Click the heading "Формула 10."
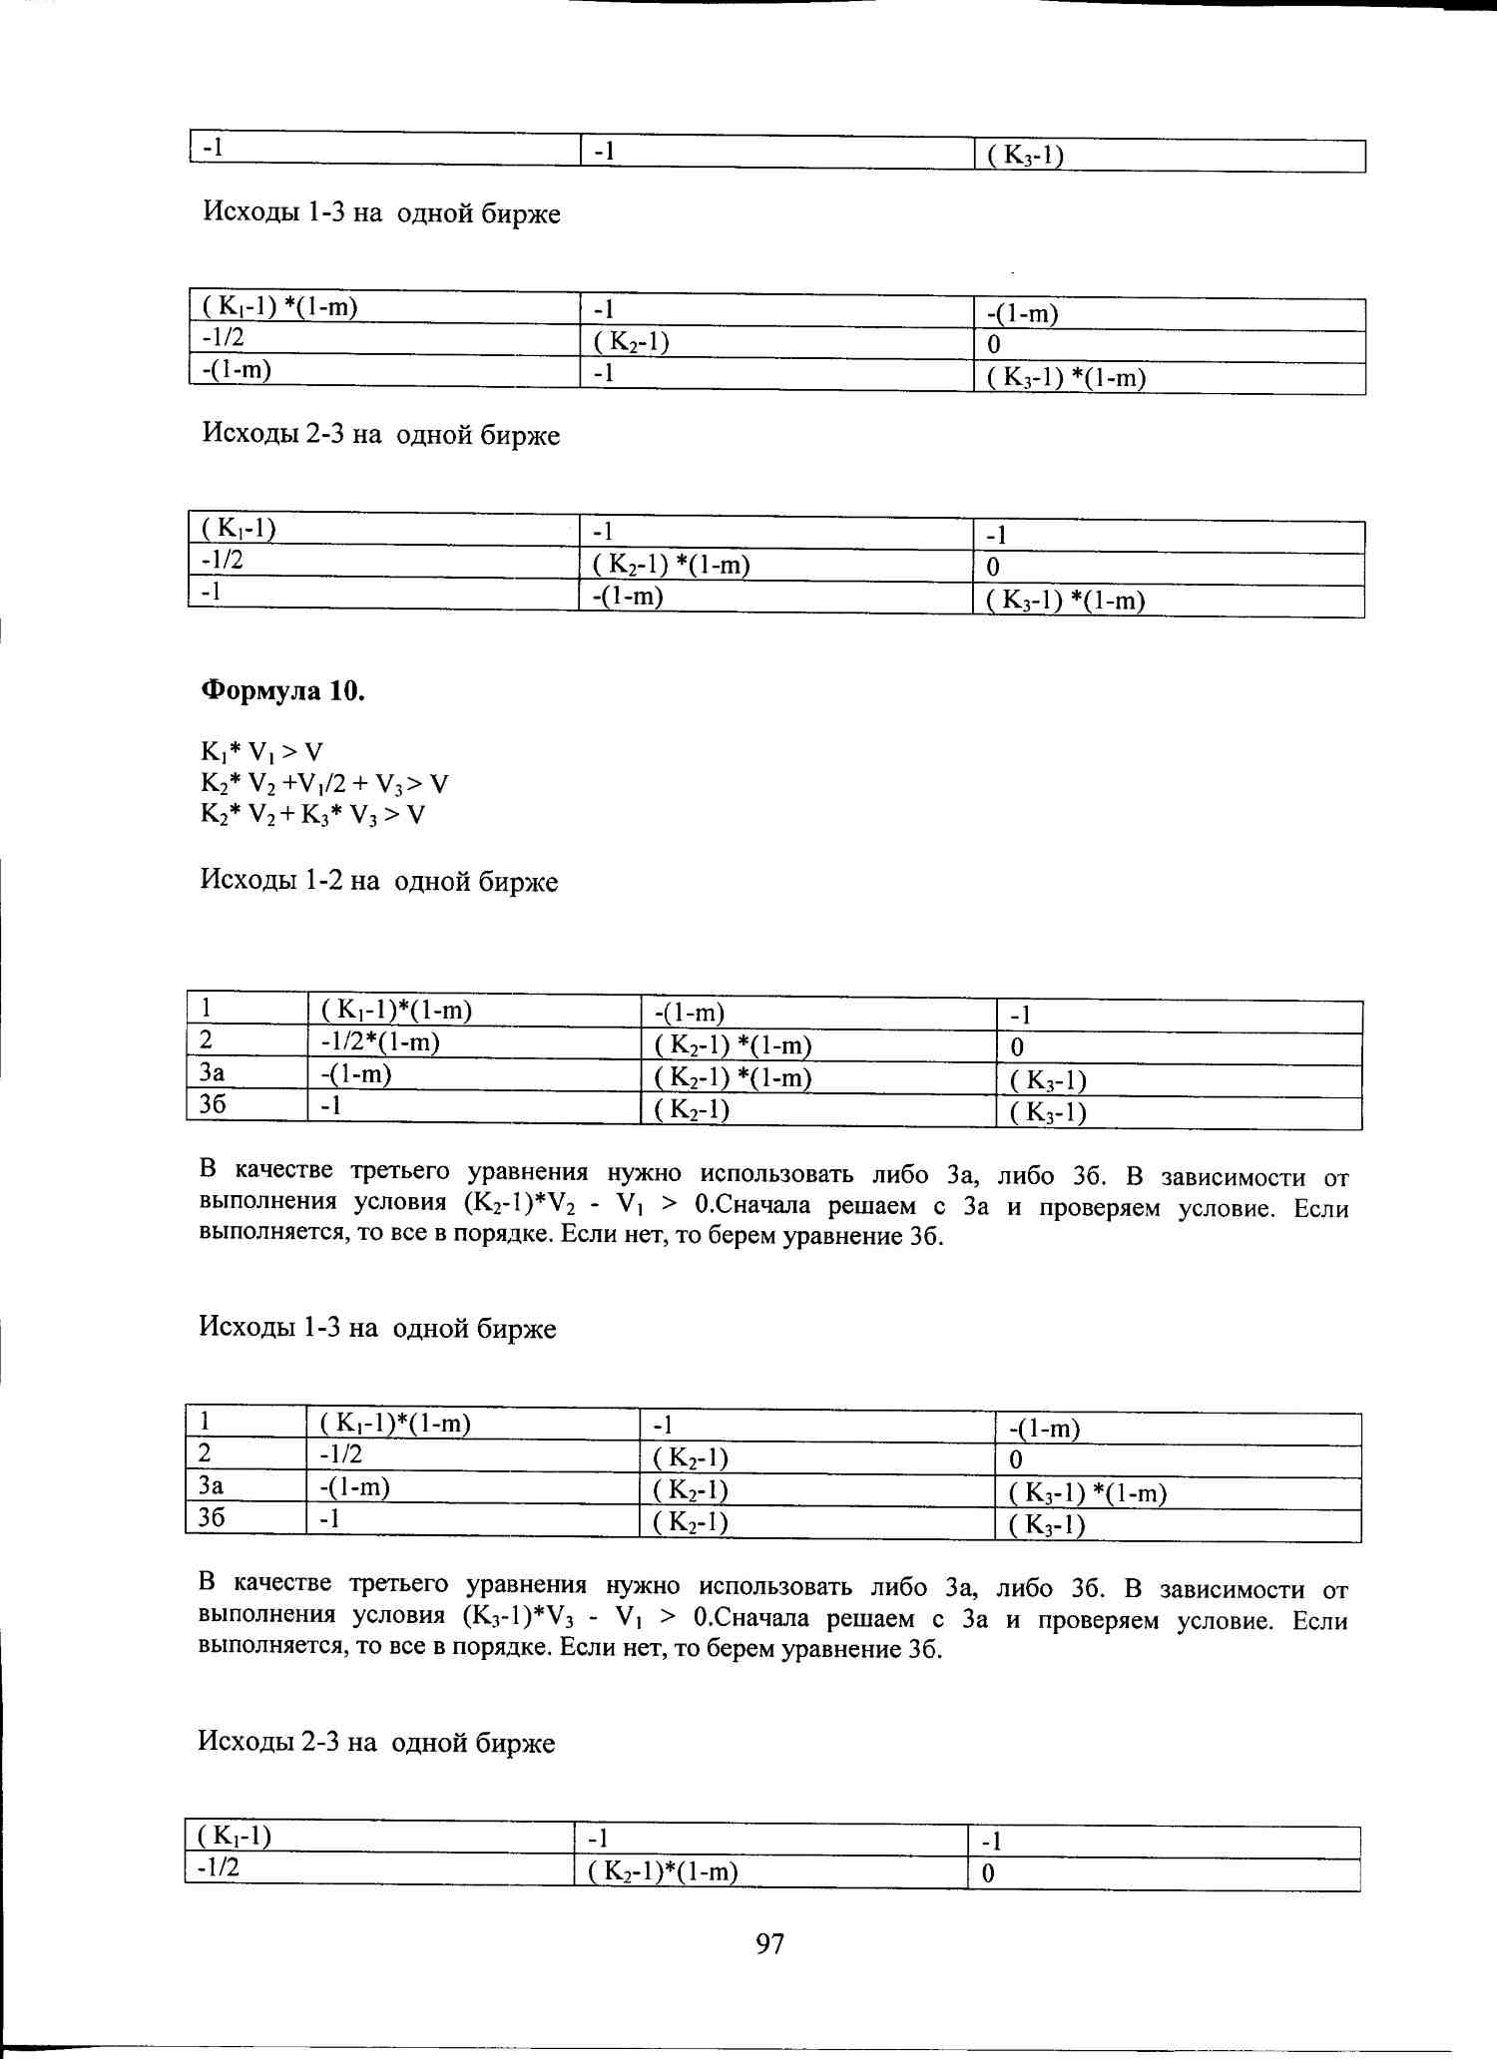tap(283, 690)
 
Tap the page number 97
tap(769, 1942)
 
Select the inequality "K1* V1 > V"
tap(261, 752)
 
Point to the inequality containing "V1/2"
tap(324, 783)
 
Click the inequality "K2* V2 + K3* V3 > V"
tap(312, 815)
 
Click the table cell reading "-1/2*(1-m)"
tap(380, 1042)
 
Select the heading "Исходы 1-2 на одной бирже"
tap(379, 881)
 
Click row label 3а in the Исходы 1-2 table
tap(212, 1073)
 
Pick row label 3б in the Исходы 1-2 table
tap(213, 1105)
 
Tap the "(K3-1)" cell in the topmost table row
tap(1025, 156)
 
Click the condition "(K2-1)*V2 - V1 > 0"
tap(579, 1204)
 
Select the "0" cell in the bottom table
tap(988, 1873)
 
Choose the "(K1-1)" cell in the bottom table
tap(236, 1836)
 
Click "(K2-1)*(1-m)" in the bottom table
tap(664, 1871)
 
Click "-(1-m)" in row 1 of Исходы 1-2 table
tap(690, 1014)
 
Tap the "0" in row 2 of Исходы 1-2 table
tap(1017, 1047)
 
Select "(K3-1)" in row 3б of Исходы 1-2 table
tap(1048, 1112)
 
